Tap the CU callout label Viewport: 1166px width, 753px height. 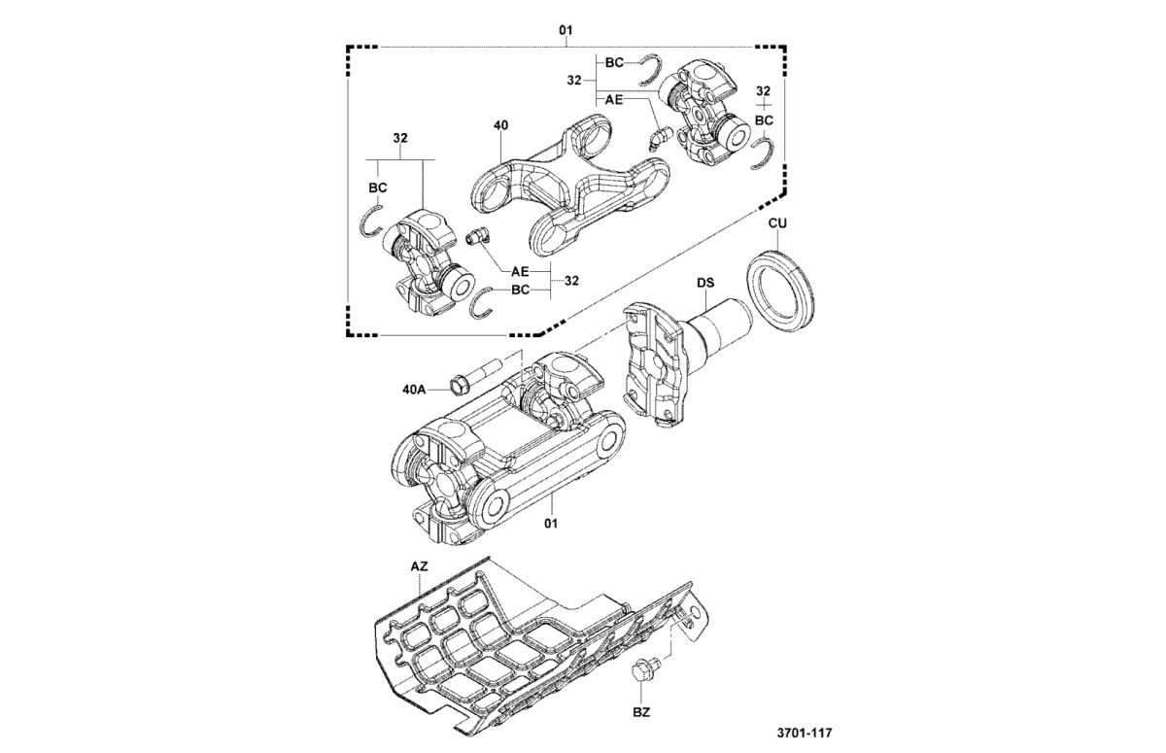tap(777, 223)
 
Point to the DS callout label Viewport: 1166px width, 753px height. tap(705, 283)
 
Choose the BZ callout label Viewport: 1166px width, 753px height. tap(641, 711)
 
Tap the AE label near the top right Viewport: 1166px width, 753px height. tap(614, 99)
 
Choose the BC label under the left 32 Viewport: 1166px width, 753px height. tap(378, 187)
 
